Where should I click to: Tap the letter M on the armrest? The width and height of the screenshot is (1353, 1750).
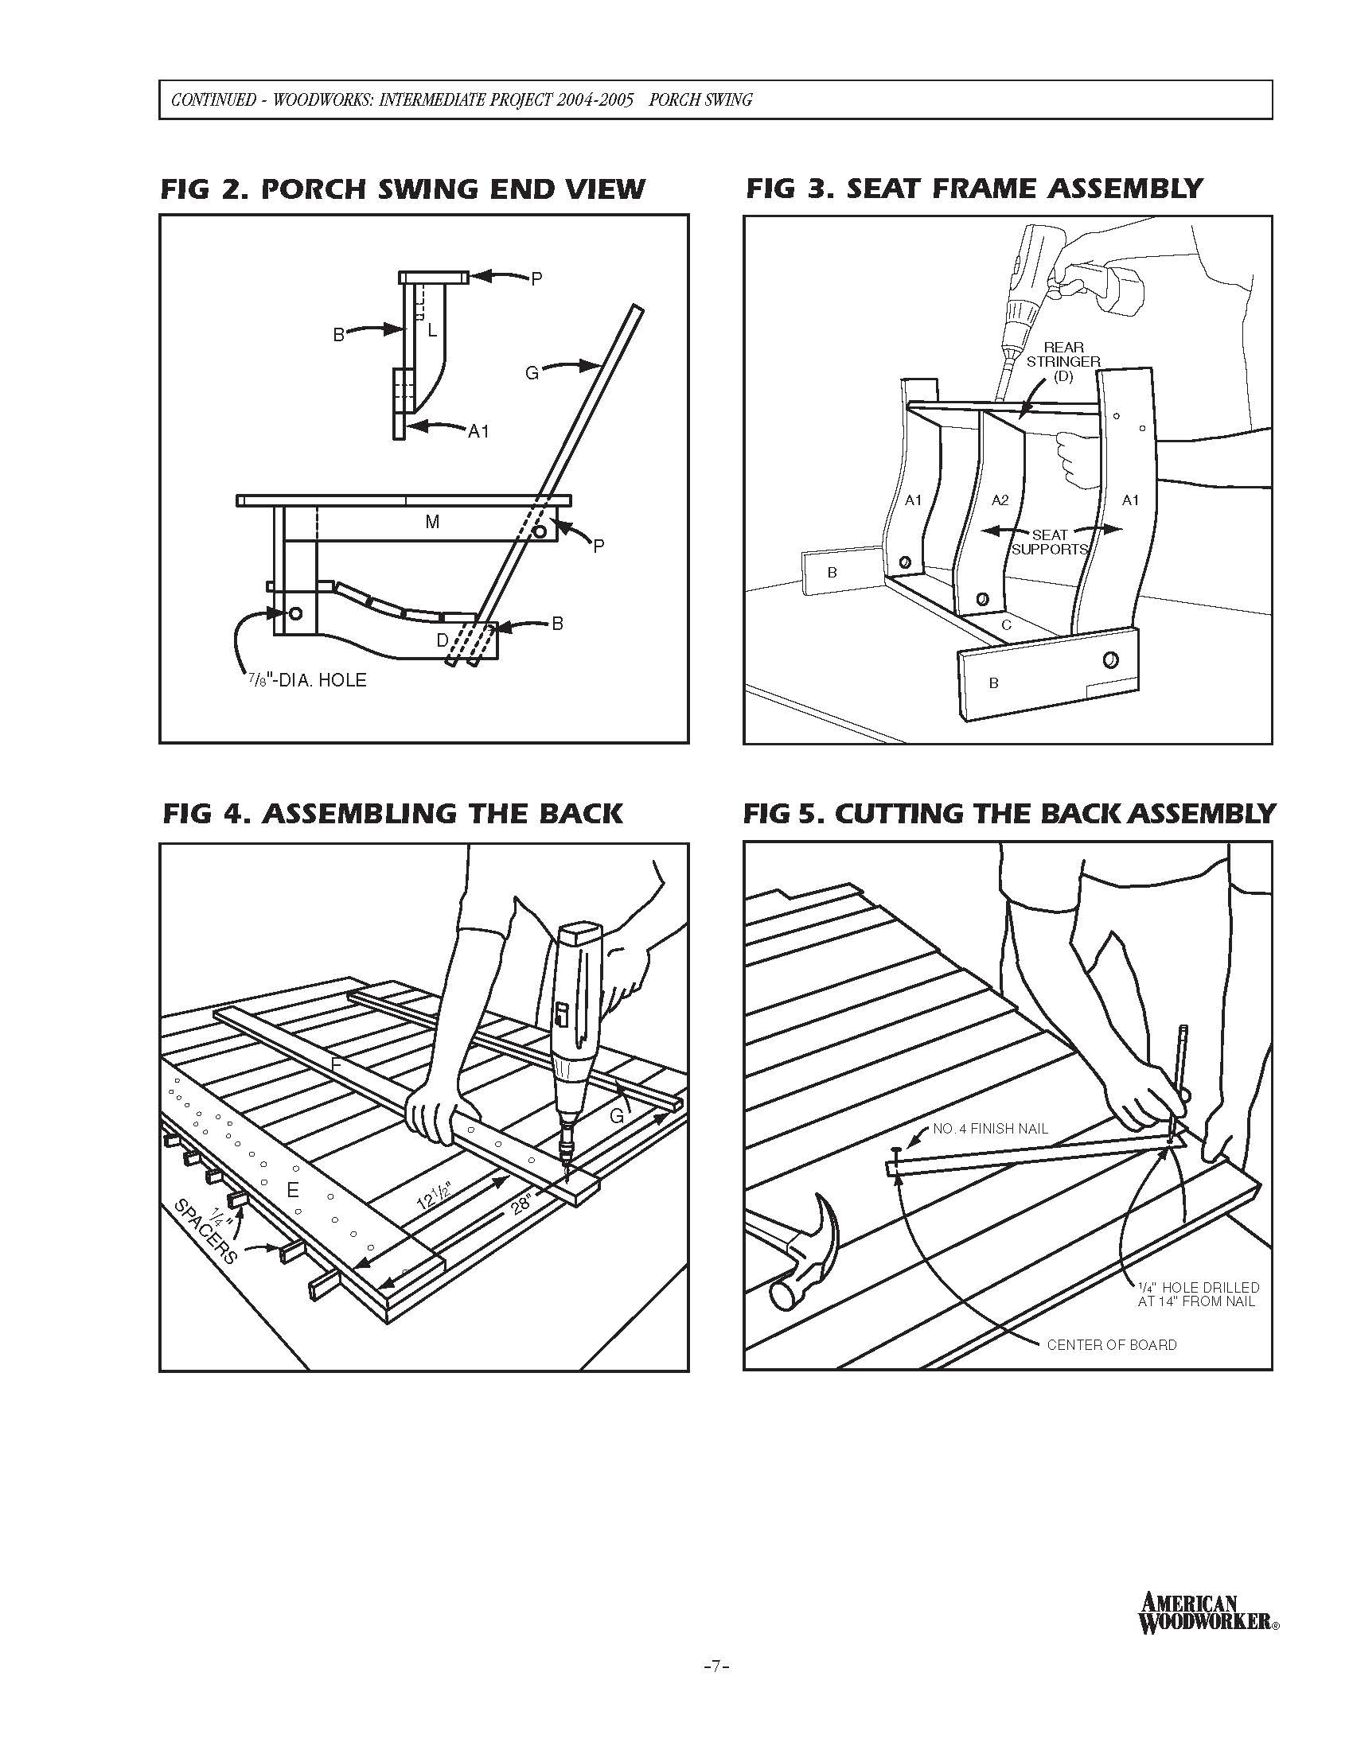click(432, 523)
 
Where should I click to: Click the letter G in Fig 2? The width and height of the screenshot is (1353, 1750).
click(532, 371)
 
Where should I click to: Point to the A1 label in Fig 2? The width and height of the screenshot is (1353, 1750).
click(478, 432)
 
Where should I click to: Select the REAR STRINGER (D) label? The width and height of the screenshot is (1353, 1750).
click(1063, 361)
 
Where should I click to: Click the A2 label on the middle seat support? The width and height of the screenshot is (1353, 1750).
click(1000, 500)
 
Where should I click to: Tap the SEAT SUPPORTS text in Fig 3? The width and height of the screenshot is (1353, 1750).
click(1049, 542)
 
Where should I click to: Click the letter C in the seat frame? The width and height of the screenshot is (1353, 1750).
click(1007, 624)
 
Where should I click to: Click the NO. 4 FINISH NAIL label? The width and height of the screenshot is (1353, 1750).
click(990, 1130)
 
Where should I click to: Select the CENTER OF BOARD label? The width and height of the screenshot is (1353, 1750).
click(1112, 1345)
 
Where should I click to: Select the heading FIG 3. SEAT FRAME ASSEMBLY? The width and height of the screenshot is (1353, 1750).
click(974, 189)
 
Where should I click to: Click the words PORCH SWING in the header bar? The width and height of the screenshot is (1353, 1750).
click(700, 100)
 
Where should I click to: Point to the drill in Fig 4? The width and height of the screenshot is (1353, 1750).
click(574, 1042)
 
